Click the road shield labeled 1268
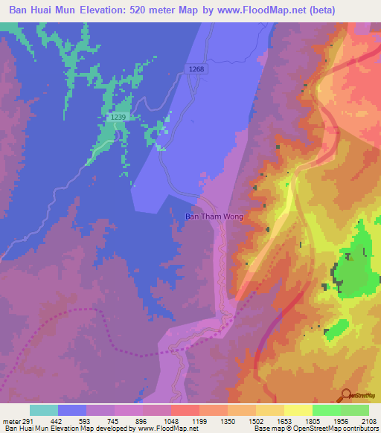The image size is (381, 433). pos(196,69)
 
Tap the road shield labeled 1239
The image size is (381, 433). pos(117,118)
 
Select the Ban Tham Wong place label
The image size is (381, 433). pos(214,217)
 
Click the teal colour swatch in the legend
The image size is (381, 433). pos(44,410)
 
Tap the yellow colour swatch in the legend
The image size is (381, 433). pos(298,410)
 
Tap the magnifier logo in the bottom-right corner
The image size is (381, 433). pos(346,395)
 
